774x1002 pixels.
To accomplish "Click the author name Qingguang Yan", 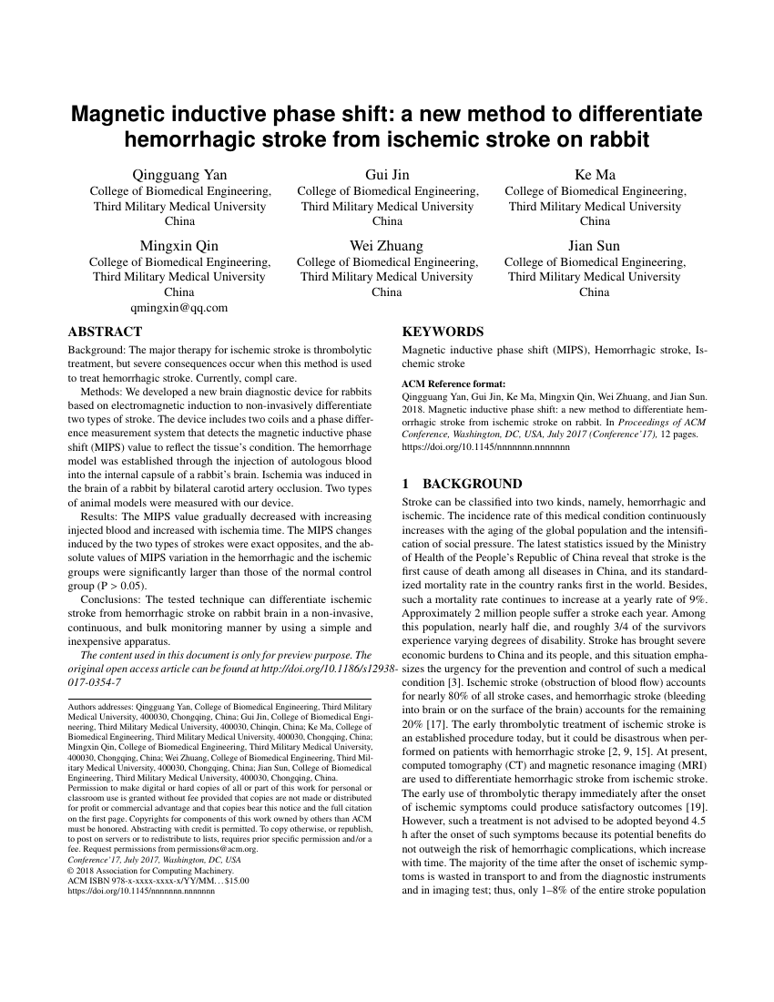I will point(180,175).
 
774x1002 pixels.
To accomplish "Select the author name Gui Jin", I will point(388,175).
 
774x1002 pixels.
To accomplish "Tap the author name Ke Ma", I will point(595,175).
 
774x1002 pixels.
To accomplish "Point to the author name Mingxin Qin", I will point(179,246).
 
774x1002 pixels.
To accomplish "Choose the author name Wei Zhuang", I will point(387,246).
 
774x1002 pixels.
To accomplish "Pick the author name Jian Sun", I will point(595,246).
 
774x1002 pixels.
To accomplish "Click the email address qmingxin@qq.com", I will point(179,308).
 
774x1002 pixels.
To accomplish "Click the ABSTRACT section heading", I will point(105,332).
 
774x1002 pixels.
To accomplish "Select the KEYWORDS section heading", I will point(443,332).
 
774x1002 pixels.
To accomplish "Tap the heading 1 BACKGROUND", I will point(462,484).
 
